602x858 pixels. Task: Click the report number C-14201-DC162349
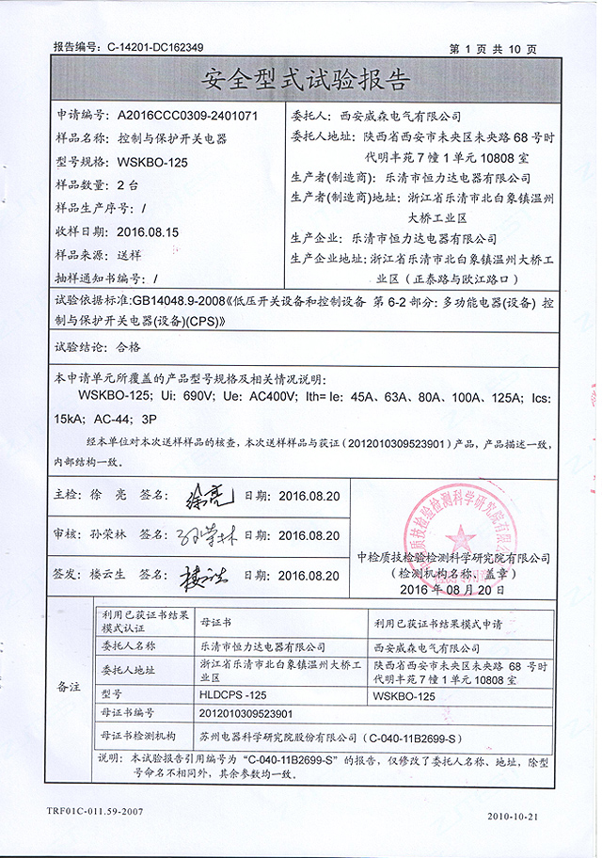(x=155, y=45)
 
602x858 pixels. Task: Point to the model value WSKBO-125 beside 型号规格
(x=152, y=161)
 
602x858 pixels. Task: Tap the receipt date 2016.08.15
(x=149, y=230)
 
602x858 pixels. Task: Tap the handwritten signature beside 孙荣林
(x=199, y=537)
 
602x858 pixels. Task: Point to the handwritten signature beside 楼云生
(x=203, y=576)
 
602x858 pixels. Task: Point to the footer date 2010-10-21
(x=512, y=816)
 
